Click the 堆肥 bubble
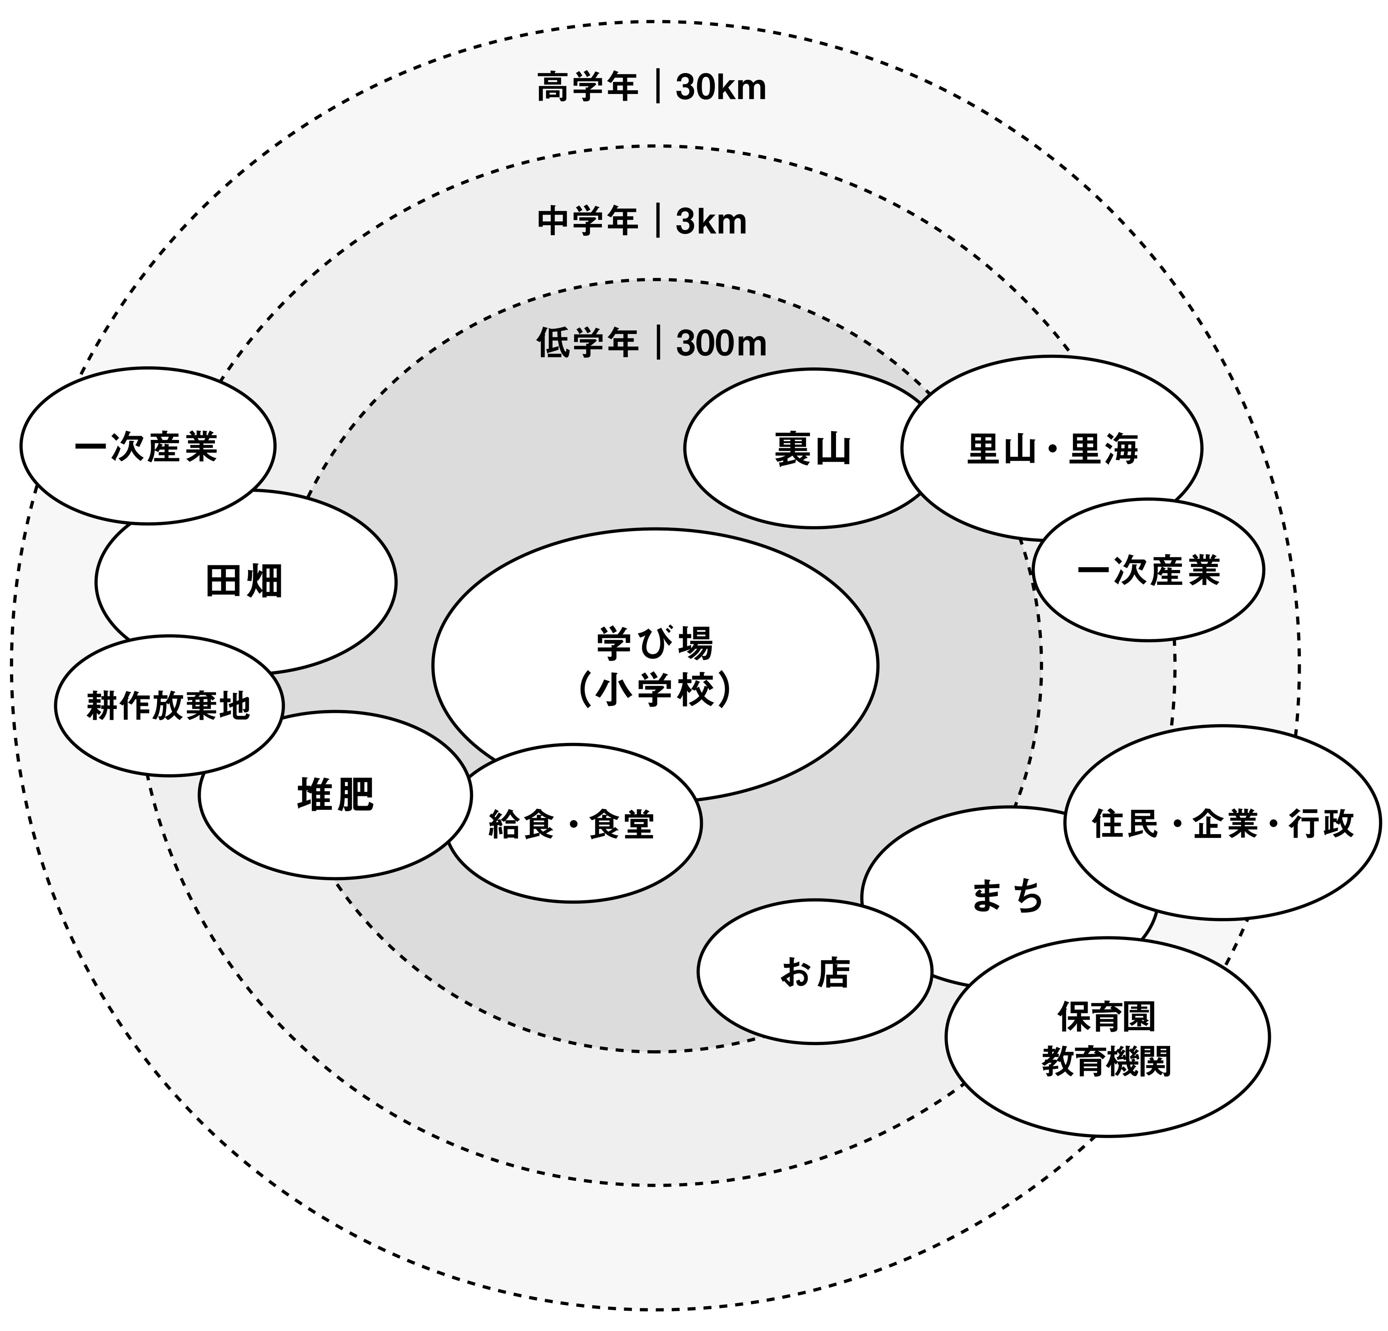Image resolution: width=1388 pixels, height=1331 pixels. click(x=335, y=795)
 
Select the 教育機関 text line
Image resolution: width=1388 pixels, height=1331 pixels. click(x=1106, y=1061)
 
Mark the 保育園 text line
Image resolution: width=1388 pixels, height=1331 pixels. click(x=1106, y=1017)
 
